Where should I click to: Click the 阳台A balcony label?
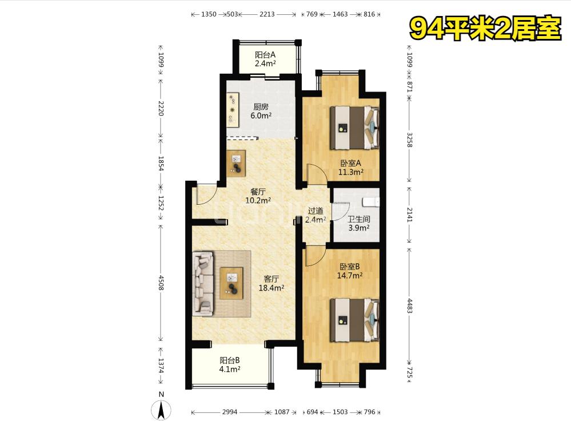(x=265, y=55)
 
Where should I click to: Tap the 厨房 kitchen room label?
(x=261, y=107)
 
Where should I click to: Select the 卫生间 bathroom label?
(x=359, y=219)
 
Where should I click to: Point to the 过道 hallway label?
(x=316, y=210)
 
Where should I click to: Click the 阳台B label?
(x=229, y=360)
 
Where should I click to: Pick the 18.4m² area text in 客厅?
(x=271, y=288)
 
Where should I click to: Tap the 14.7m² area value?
(x=350, y=275)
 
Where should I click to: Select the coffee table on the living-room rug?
(x=231, y=283)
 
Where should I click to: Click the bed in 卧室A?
(x=354, y=128)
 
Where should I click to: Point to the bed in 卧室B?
(x=354, y=320)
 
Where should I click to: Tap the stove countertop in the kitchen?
(x=233, y=109)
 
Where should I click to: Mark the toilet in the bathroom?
(x=371, y=201)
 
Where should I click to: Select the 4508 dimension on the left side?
(x=161, y=283)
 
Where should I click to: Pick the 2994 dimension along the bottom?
(x=230, y=412)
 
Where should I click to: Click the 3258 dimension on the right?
(x=410, y=140)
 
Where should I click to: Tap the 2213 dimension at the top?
(x=267, y=14)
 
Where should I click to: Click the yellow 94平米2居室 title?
(x=485, y=29)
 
